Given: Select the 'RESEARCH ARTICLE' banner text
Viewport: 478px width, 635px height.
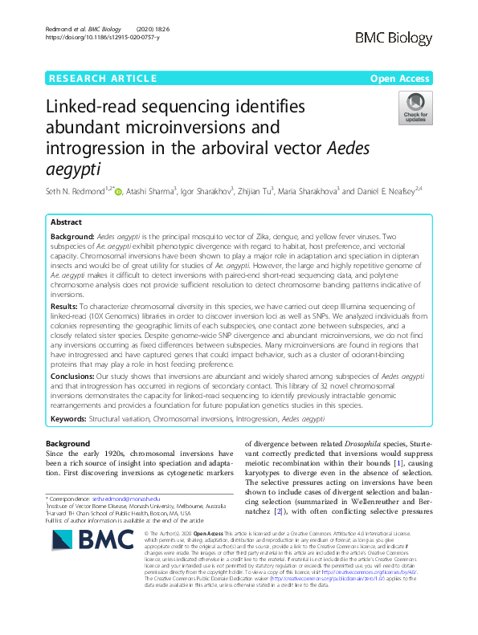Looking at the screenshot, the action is coord(103,78).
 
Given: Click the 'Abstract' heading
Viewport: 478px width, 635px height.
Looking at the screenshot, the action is coord(66,222).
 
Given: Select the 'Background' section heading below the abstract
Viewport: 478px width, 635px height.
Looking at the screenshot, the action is coord(67,443).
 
